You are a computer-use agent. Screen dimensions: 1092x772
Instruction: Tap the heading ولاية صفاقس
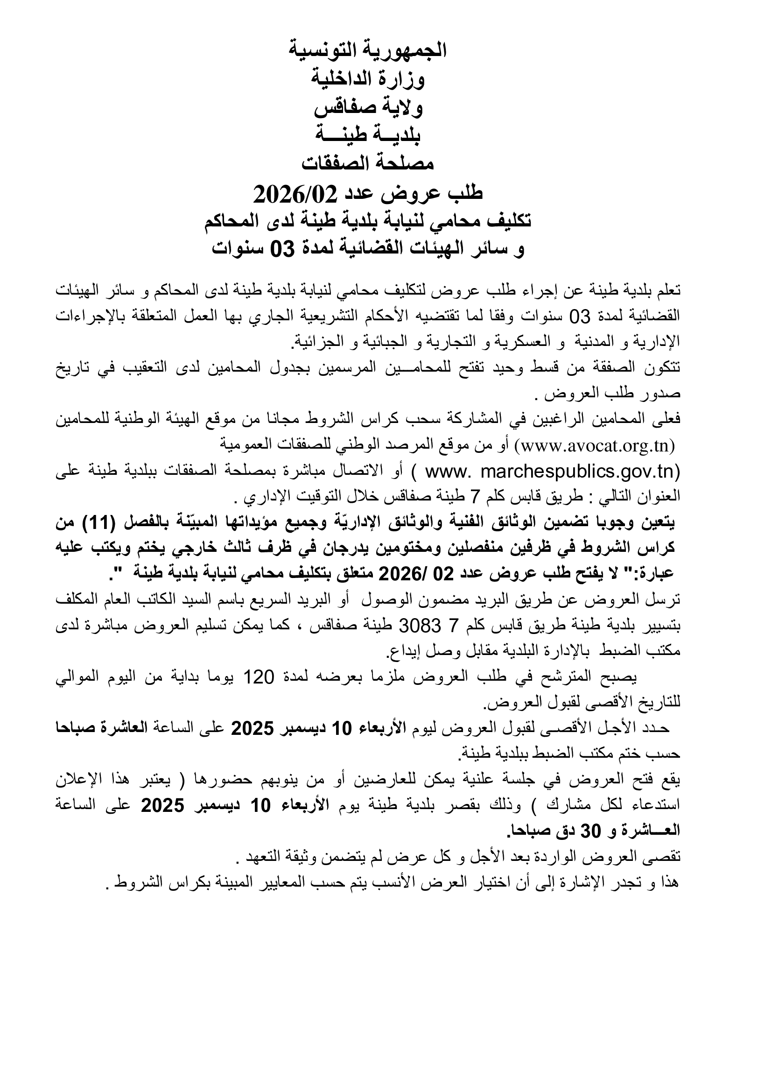click(368, 107)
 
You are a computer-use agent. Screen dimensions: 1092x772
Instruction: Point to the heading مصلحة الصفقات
click(368, 164)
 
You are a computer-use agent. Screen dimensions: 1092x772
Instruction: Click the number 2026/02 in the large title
click(295, 193)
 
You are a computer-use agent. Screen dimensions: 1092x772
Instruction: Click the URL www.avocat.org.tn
click(598, 446)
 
